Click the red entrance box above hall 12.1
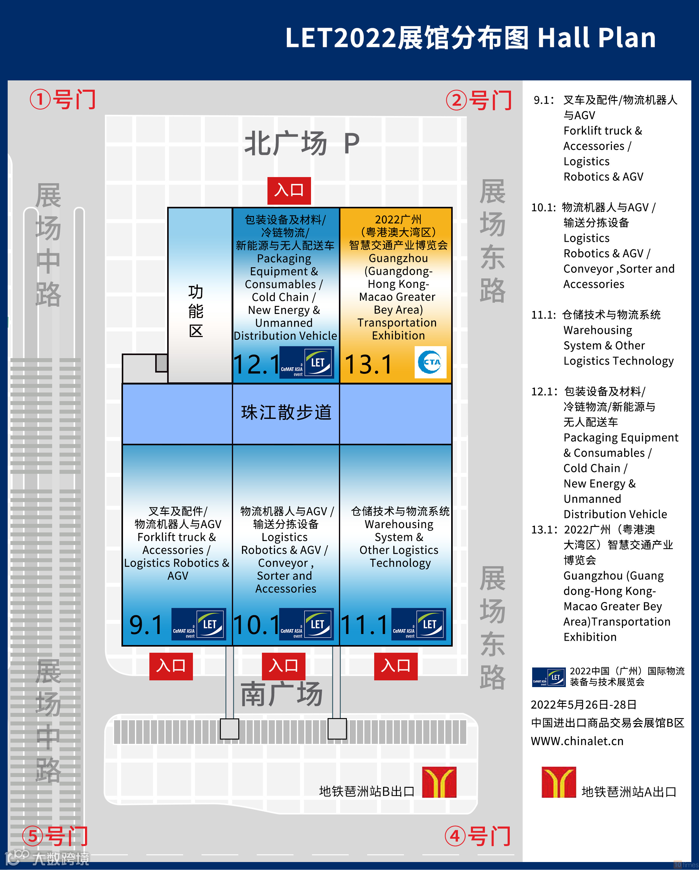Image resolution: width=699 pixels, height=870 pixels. click(x=289, y=190)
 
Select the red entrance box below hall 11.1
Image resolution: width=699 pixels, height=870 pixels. click(x=395, y=666)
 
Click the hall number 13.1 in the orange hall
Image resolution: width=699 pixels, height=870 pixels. click(x=368, y=364)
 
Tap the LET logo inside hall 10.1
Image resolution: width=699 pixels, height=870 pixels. click(x=306, y=624)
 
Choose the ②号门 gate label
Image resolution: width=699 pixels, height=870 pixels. click(x=479, y=100)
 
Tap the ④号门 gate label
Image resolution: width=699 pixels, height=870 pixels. click(x=478, y=836)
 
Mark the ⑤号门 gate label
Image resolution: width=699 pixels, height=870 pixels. click(x=55, y=836)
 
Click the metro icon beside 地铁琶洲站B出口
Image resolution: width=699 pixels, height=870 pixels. click(x=439, y=782)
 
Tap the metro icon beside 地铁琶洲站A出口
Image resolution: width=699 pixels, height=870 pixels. click(x=559, y=782)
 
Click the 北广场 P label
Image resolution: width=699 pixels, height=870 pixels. click(x=302, y=144)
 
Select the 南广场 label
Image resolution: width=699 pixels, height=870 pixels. click(x=282, y=694)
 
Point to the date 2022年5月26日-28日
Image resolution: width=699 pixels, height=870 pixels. click(x=583, y=705)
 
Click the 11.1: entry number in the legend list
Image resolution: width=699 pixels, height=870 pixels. click(x=543, y=315)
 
